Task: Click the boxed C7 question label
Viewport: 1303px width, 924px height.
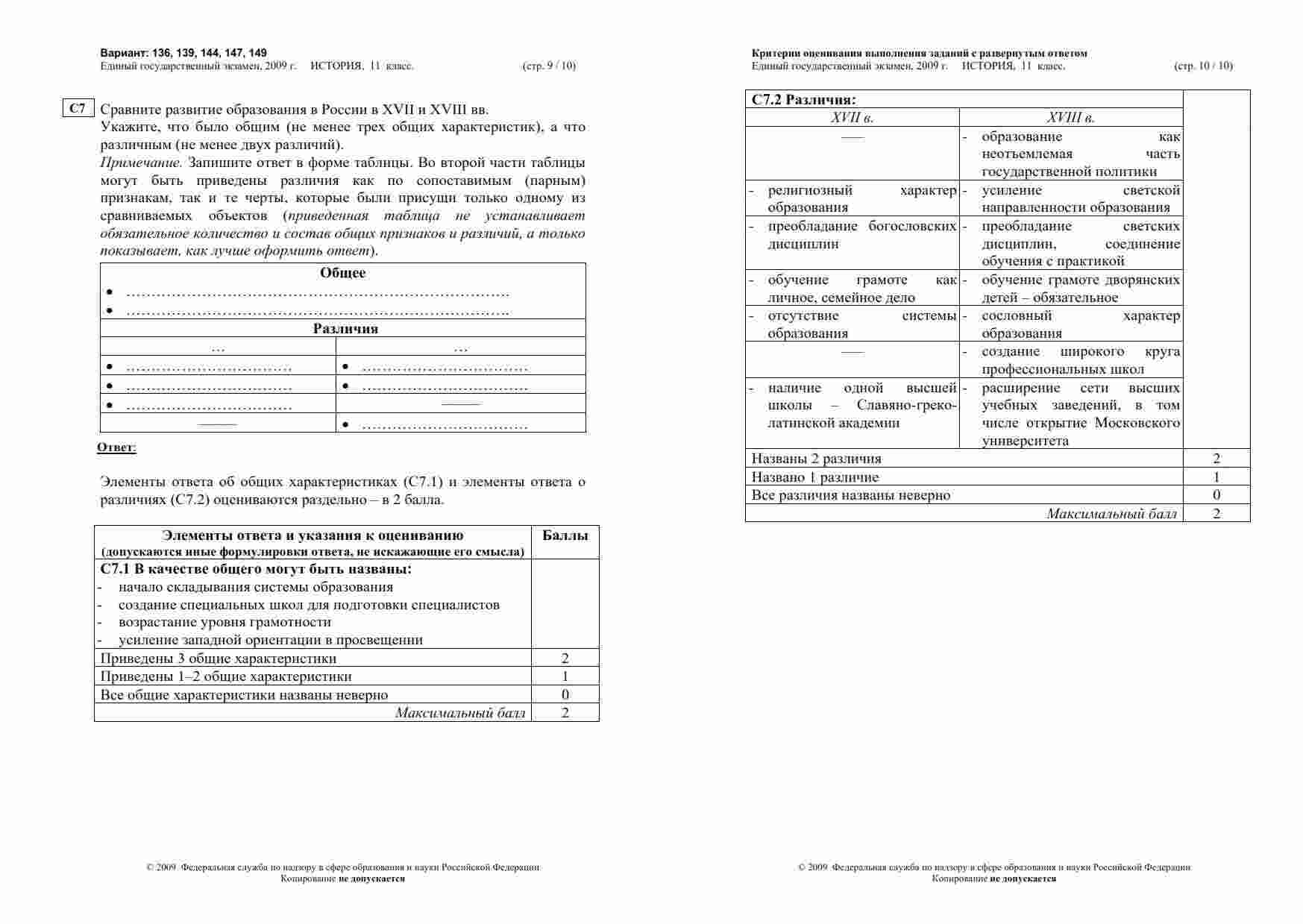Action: pyautogui.click(x=78, y=108)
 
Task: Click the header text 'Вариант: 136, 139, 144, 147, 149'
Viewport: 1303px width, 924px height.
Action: pyautogui.click(x=183, y=53)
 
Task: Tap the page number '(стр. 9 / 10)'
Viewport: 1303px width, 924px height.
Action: pyautogui.click(x=549, y=66)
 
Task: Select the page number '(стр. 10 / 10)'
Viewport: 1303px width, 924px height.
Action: pyautogui.click(x=1203, y=66)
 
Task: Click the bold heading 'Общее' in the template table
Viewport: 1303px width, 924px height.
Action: pyautogui.click(x=342, y=273)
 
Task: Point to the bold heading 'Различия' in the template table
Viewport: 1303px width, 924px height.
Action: pyautogui.click(x=345, y=329)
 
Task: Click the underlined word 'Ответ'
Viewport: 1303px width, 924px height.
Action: pyautogui.click(x=116, y=447)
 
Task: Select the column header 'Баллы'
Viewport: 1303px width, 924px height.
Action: pyautogui.click(x=565, y=535)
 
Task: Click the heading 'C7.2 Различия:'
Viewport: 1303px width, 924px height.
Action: pyautogui.click(x=803, y=99)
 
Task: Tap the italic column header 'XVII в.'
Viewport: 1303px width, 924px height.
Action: pyautogui.click(x=852, y=118)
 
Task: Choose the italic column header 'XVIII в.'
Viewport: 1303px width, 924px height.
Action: pyautogui.click(x=1070, y=118)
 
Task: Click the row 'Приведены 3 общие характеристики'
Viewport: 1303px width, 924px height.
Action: pyautogui.click(x=219, y=659)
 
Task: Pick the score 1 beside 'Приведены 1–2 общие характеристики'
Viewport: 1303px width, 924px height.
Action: pyautogui.click(x=565, y=676)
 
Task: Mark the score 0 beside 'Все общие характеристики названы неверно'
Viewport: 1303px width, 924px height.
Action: pyautogui.click(x=565, y=694)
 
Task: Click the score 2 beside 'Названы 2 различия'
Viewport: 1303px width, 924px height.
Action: pyautogui.click(x=1216, y=459)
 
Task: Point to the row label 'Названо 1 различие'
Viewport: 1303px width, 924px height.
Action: pyautogui.click(x=815, y=477)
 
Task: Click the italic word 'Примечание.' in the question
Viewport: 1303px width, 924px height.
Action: pyautogui.click(x=142, y=163)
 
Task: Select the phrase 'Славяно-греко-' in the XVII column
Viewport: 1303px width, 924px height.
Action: pyautogui.click(x=906, y=406)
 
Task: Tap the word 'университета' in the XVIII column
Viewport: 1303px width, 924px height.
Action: pyautogui.click(x=1025, y=441)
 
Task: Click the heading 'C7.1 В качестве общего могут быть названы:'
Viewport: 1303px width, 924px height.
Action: pyautogui.click(x=256, y=569)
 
